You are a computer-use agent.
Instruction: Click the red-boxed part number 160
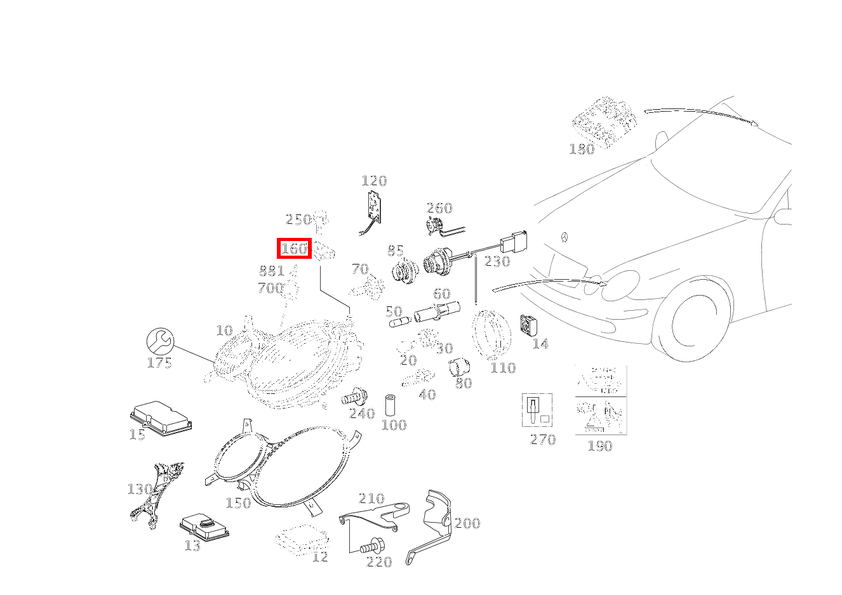pyautogui.click(x=294, y=248)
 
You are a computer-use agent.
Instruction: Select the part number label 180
pyautogui.click(x=582, y=149)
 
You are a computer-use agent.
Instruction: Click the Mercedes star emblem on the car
pyautogui.click(x=563, y=238)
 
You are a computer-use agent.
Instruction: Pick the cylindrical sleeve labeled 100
pyautogui.click(x=391, y=405)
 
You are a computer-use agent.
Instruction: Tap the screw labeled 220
pyautogui.click(x=371, y=545)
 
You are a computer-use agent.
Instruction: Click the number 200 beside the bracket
pyautogui.click(x=467, y=523)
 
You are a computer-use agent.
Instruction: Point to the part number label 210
pyautogui.click(x=371, y=498)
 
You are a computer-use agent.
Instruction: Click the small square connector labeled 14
pyautogui.click(x=529, y=325)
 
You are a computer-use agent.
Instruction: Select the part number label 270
pyautogui.click(x=543, y=440)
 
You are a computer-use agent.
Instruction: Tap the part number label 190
pyautogui.click(x=599, y=446)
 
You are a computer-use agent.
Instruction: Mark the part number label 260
pyautogui.click(x=439, y=208)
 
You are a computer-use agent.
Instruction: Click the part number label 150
pyautogui.click(x=238, y=503)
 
